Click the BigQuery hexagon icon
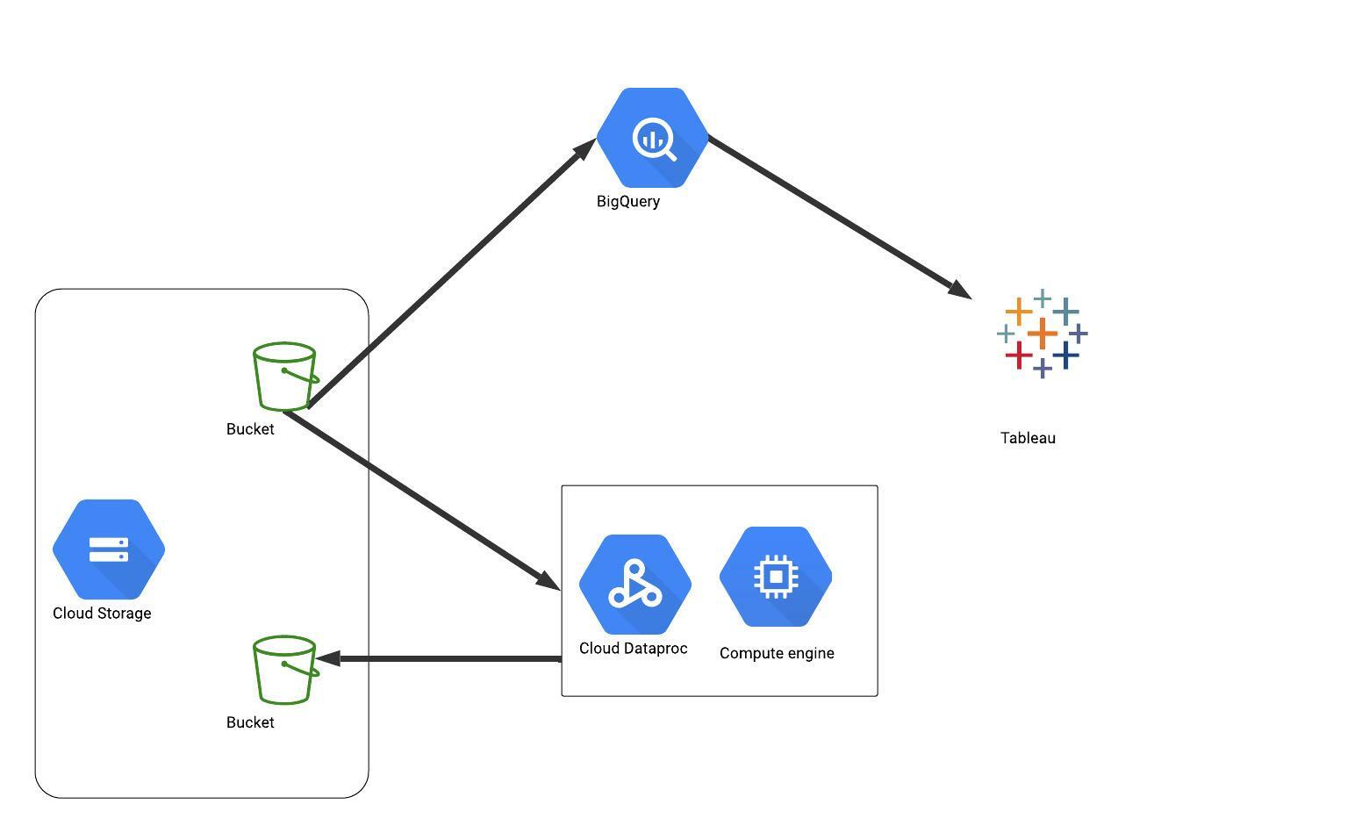coord(653,138)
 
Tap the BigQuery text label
coord(628,201)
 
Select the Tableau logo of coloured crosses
coord(1043,334)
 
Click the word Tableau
coord(1028,438)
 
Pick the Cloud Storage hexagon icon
coord(109,549)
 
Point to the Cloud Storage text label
coord(102,614)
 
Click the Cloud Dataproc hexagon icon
coord(635,585)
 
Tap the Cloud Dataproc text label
coord(634,649)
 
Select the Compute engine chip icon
coord(776,577)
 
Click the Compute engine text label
coord(777,653)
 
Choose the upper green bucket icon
coord(285,377)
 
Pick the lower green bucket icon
coord(285,670)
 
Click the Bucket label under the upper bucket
coord(250,429)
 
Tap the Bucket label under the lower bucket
coord(250,722)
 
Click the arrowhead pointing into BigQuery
coord(586,148)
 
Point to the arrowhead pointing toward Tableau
coord(960,291)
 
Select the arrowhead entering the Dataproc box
coord(548,580)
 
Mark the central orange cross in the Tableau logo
coord(1043,334)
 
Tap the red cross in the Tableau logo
coord(1019,355)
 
